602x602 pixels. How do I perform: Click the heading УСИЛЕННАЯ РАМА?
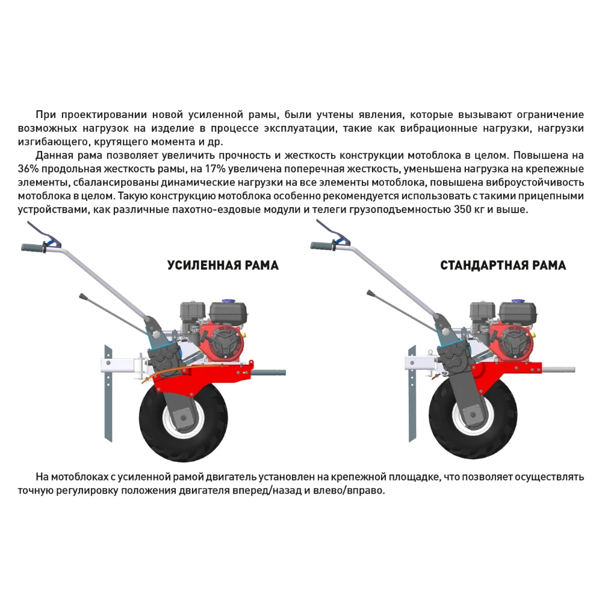coord(223,265)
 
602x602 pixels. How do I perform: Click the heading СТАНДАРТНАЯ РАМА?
coord(503,265)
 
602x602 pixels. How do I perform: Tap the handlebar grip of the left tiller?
coord(33,247)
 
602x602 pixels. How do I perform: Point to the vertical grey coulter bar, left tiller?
coord(108,391)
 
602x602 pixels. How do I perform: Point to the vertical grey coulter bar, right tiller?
coord(412,391)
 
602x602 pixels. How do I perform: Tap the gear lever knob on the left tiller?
coord(81,296)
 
